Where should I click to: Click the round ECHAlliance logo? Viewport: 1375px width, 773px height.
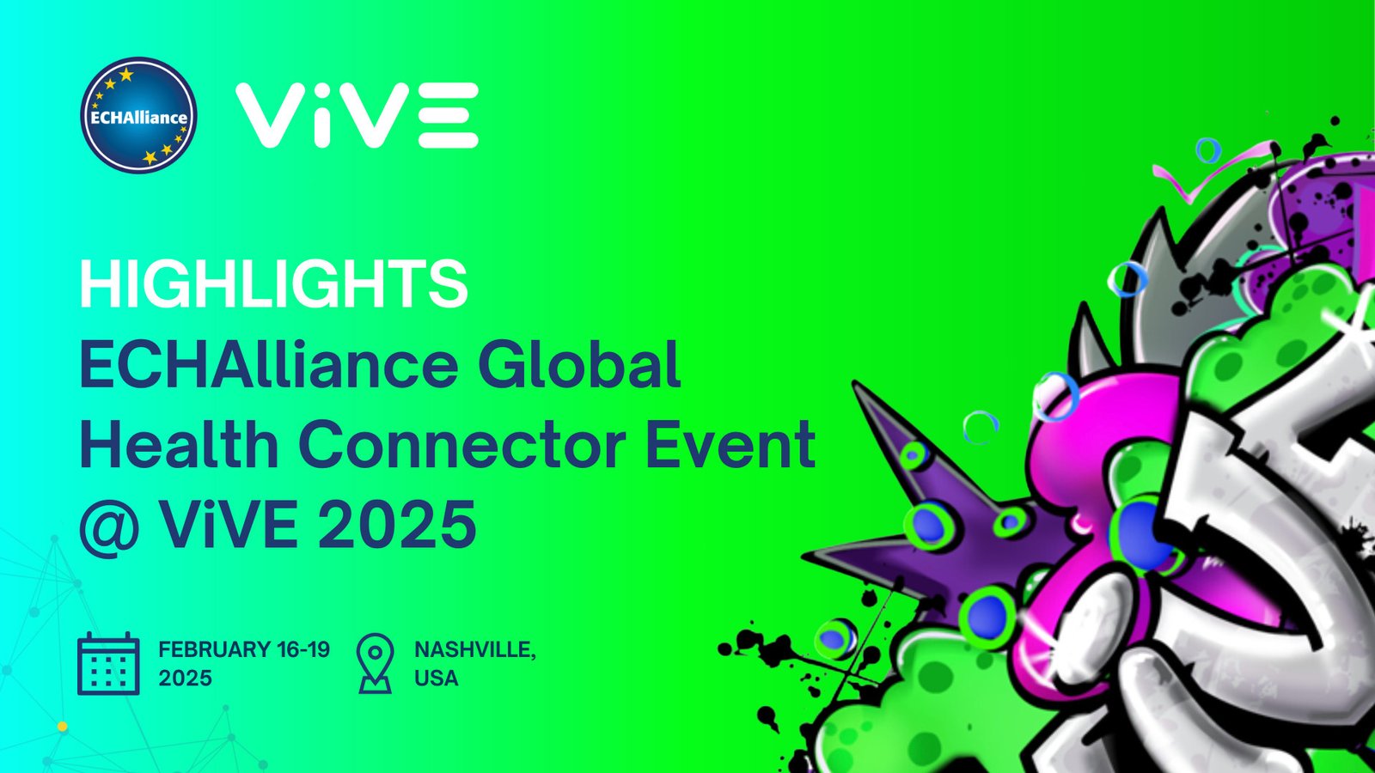pyautogui.click(x=138, y=116)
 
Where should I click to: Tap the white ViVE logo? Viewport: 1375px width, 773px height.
pyautogui.click(x=357, y=115)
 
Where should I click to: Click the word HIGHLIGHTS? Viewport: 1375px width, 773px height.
pyautogui.click(x=273, y=284)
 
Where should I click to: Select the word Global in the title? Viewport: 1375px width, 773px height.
pyautogui.click(x=580, y=364)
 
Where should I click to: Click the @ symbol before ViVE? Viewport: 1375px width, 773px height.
pyautogui.click(x=109, y=526)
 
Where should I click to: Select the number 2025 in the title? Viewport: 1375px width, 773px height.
pyautogui.click(x=398, y=525)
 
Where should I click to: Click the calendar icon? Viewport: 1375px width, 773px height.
pyautogui.click(x=108, y=664)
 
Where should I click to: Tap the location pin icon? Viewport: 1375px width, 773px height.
pyautogui.click(x=375, y=663)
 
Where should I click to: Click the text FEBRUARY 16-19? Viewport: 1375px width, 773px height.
pyautogui.click(x=244, y=649)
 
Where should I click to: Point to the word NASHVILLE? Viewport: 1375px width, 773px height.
pyautogui.click(x=474, y=650)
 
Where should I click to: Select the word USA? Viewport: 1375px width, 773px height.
pyautogui.click(x=437, y=679)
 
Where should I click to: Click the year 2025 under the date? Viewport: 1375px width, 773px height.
pyautogui.click(x=185, y=679)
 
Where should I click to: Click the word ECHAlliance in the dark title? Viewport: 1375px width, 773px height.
pyautogui.click(x=268, y=364)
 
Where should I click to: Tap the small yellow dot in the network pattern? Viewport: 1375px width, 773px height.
pyautogui.click(x=62, y=727)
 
